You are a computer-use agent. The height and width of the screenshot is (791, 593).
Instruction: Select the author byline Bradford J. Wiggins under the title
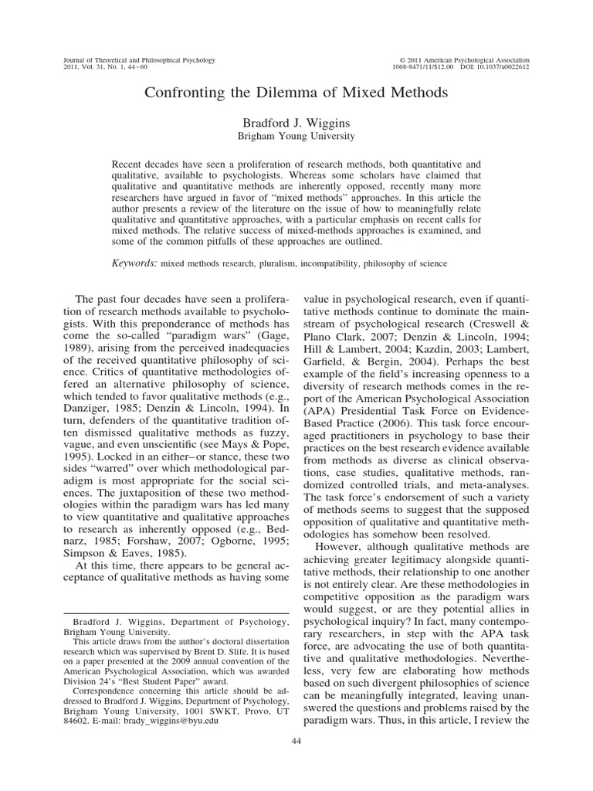[x=296, y=122]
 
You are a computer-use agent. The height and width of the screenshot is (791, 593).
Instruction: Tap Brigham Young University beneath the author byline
[x=296, y=136]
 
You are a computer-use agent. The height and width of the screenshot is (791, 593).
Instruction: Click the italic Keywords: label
[x=135, y=263]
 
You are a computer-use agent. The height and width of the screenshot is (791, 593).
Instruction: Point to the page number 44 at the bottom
[x=296, y=762]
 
